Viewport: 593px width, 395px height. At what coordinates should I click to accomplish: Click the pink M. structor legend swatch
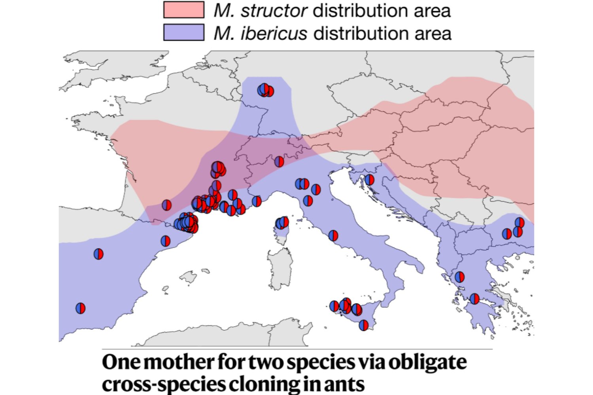tap(184, 10)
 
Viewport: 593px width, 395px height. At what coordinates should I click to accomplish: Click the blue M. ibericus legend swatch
tap(184, 32)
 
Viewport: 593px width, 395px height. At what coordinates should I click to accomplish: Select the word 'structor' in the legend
tap(274, 11)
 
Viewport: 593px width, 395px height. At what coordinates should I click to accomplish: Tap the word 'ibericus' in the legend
tap(274, 33)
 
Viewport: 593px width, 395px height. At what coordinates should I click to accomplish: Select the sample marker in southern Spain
tap(80, 308)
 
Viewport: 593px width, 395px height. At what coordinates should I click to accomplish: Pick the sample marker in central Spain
tap(98, 254)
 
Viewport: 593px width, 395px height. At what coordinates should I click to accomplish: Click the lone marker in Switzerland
tap(279, 161)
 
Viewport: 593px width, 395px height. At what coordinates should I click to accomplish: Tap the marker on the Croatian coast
tap(369, 180)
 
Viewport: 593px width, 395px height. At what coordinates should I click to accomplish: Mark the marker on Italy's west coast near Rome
tap(333, 236)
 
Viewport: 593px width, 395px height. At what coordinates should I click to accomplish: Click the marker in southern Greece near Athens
tap(474, 299)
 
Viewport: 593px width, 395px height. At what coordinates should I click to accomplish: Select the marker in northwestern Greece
tap(459, 277)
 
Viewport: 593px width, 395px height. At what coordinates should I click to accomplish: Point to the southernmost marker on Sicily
tap(363, 325)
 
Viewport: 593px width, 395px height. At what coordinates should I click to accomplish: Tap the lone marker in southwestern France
tap(166, 205)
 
